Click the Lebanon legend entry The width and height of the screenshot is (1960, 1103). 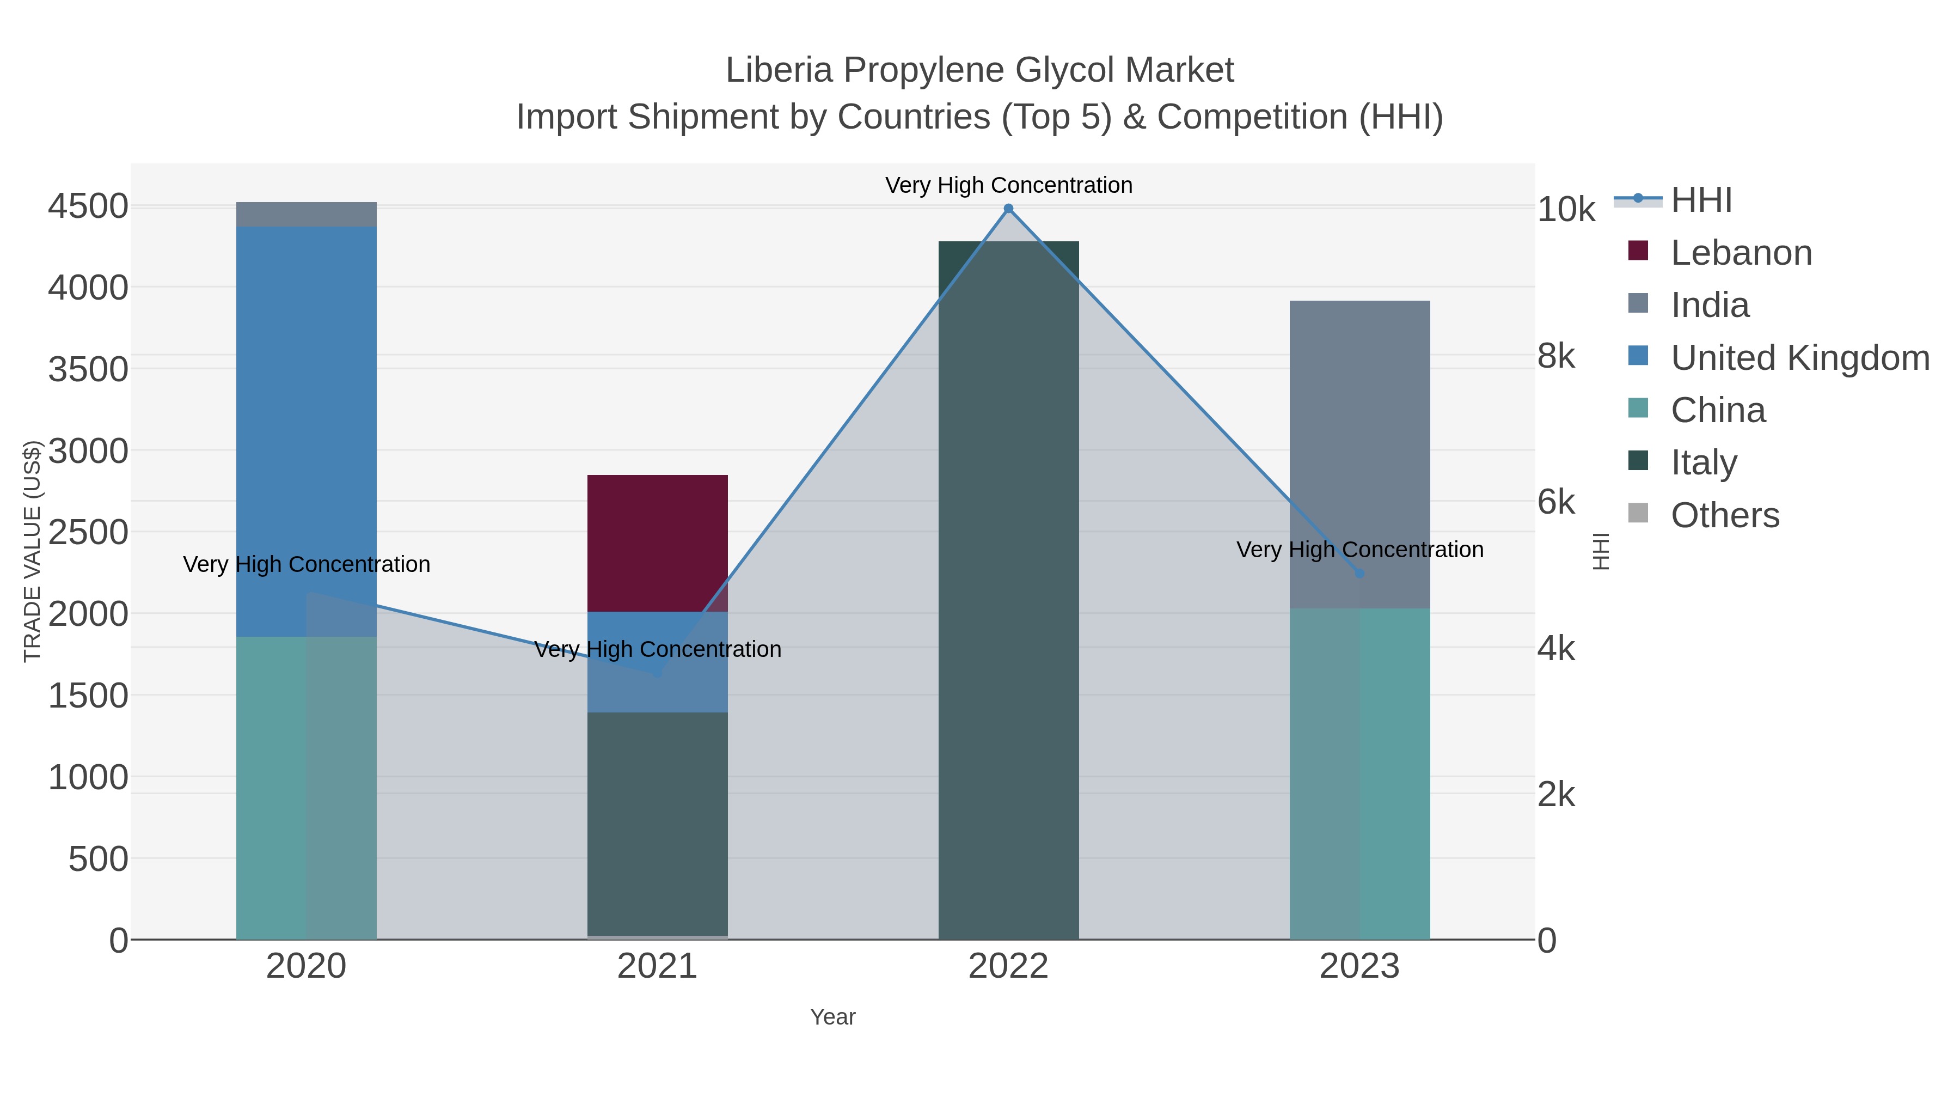click(x=1741, y=253)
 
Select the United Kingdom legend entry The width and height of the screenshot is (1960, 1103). click(x=1799, y=358)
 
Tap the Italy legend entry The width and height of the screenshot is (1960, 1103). click(x=1704, y=462)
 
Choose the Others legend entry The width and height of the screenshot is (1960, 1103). click(x=1724, y=515)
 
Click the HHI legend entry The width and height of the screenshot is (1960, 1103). click(x=1701, y=200)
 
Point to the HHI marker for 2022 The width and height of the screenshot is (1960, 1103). click(x=1008, y=209)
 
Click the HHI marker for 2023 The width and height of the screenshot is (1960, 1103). click(x=1359, y=573)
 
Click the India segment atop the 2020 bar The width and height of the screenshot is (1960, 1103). click(x=307, y=214)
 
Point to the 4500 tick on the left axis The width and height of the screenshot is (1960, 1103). click(x=88, y=206)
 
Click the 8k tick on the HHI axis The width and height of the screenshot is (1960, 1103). click(x=1556, y=356)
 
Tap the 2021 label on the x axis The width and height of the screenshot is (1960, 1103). click(x=657, y=967)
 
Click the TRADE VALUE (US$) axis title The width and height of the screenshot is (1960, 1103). click(x=32, y=551)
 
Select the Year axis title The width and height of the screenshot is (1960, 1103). click(x=832, y=1017)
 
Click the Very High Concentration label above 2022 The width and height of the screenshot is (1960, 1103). click(x=1008, y=185)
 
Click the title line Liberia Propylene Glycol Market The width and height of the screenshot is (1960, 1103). click(x=979, y=70)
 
